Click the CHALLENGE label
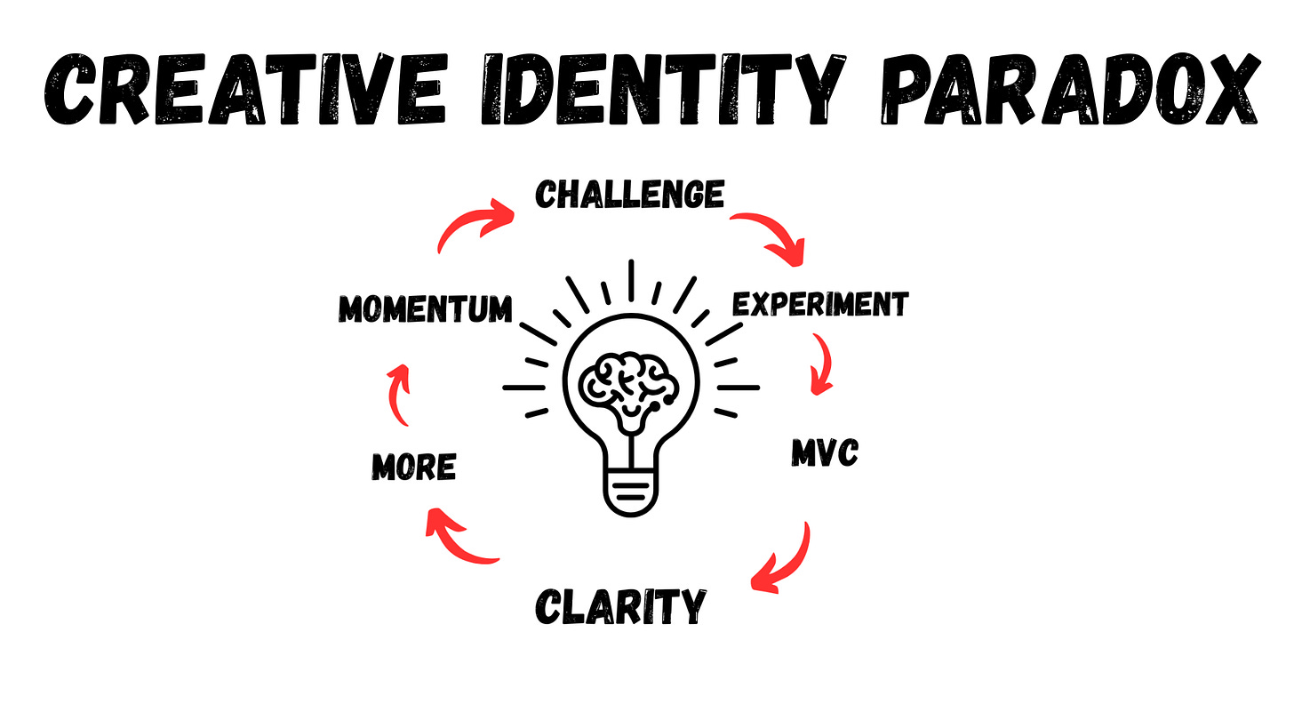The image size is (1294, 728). pos(629,194)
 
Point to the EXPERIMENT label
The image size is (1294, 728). pos(819,305)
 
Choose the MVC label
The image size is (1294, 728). pos(825,454)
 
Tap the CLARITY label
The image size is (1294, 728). pos(620,607)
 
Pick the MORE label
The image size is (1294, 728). pos(413,466)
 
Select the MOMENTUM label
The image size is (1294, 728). pos(426,308)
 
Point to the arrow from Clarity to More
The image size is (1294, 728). pos(458,539)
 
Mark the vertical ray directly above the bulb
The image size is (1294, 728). pos(631,280)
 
